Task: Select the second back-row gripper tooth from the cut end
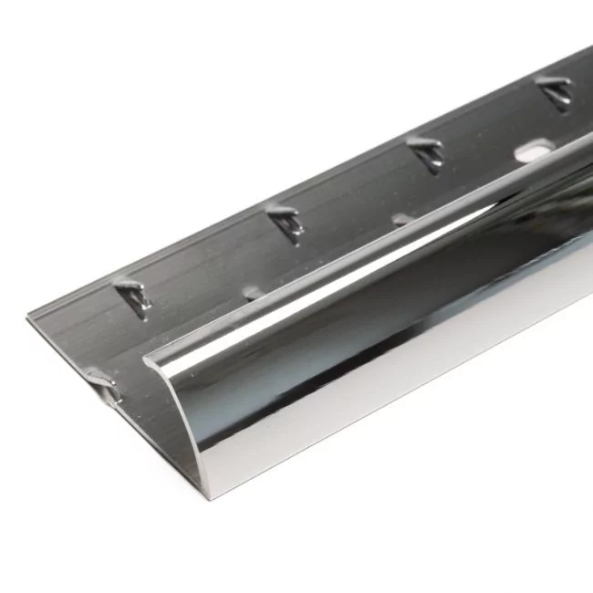(286, 221)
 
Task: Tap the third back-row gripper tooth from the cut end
(426, 151)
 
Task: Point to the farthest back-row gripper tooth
(555, 92)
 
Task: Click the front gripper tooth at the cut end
(102, 382)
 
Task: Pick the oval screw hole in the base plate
(534, 151)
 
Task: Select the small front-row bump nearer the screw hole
(402, 220)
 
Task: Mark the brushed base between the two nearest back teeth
(210, 265)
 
